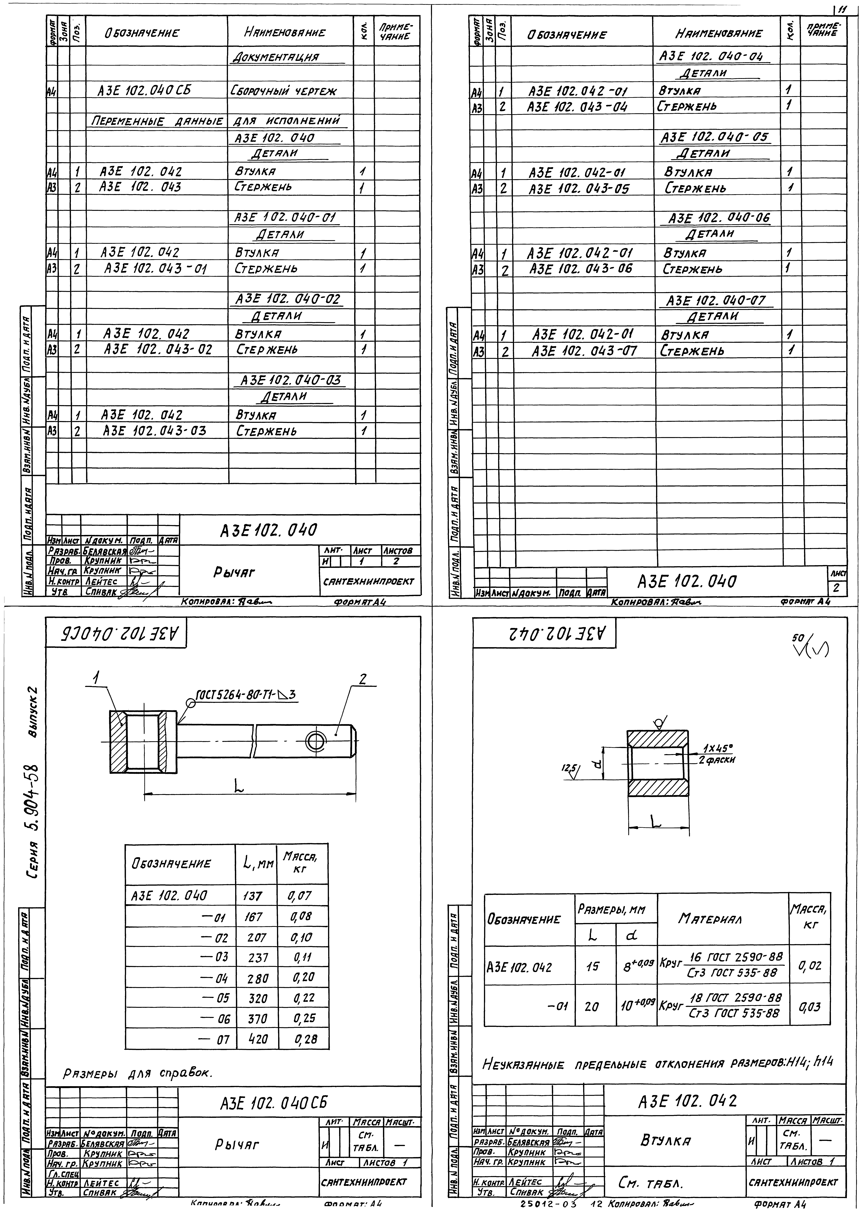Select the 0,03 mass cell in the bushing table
click(x=810, y=1007)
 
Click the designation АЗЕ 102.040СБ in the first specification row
click(x=144, y=91)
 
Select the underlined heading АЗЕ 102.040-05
click(x=714, y=137)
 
